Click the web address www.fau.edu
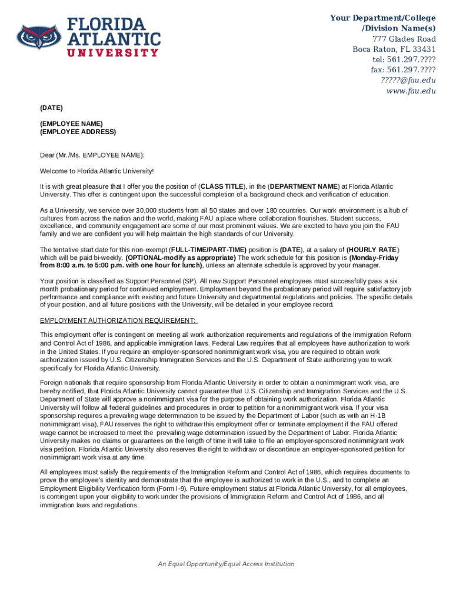pos(411,91)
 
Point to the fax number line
pos(403,70)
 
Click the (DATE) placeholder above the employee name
pos(51,108)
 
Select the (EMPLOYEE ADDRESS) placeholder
pos(78,132)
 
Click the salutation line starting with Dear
pos(92,155)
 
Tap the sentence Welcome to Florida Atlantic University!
pos(96,171)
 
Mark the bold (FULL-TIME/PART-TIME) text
pos(208,250)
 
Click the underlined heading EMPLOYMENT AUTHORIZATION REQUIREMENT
pos(118,320)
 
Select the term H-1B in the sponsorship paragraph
pos(395,415)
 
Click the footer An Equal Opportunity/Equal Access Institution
pos(226,564)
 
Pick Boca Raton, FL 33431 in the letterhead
pos(394,49)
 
